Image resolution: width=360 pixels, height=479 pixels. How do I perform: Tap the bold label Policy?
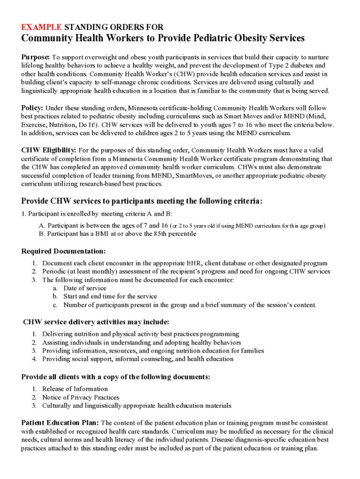tap(33, 108)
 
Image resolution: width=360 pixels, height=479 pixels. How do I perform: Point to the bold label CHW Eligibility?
tap(49, 150)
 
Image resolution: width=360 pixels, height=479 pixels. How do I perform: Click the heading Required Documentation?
tap(64, 251)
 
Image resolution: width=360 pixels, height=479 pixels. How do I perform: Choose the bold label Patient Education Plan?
tap(60, 423)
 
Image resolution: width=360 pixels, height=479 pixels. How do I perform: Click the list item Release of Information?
tap(75, 389)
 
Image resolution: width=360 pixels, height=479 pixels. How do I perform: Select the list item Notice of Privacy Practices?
tap(80, 397)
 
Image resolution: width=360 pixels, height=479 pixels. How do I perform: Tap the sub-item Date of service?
tap(85, 288)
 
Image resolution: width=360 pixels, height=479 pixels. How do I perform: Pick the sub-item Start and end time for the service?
tap(110, 297)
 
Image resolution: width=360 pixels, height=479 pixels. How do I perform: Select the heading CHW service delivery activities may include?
tap(96, 322)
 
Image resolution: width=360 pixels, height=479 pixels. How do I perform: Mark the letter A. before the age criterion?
tap(42, 226)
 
